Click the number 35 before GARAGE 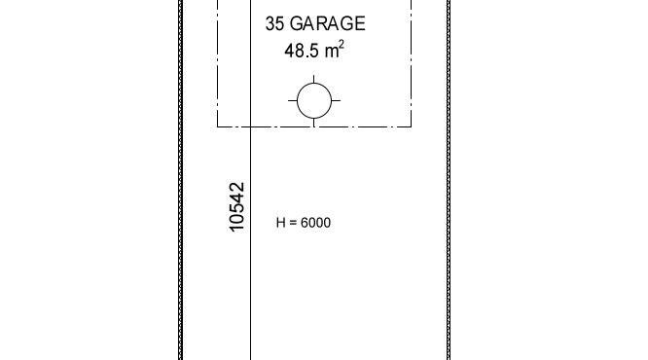(x=274, y=23)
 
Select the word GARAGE (x=328, y=23)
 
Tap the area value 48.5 (x=302, y=51)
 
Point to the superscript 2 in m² (x=342, y=44)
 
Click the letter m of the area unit (x=332, y=52)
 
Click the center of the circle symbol (x=314, y=100)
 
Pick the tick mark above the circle (x=314, y=79)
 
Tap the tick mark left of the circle (x=292, y=100)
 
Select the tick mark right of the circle (x=336, y=100)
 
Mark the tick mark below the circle (x=314, y=123)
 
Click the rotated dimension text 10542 (x=236, y=207)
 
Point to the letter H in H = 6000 (x=280, y=223)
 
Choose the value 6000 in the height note (x=316, y=223)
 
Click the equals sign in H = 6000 (x=294, y=223)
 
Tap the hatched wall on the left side (x=181, y=180)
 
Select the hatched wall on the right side (x=449, y=180)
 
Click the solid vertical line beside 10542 (x=250, y=180)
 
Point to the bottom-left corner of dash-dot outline (x=217, y=126)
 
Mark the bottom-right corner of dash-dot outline (x=412, y=126)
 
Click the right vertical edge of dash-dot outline (x=412, y=63)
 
